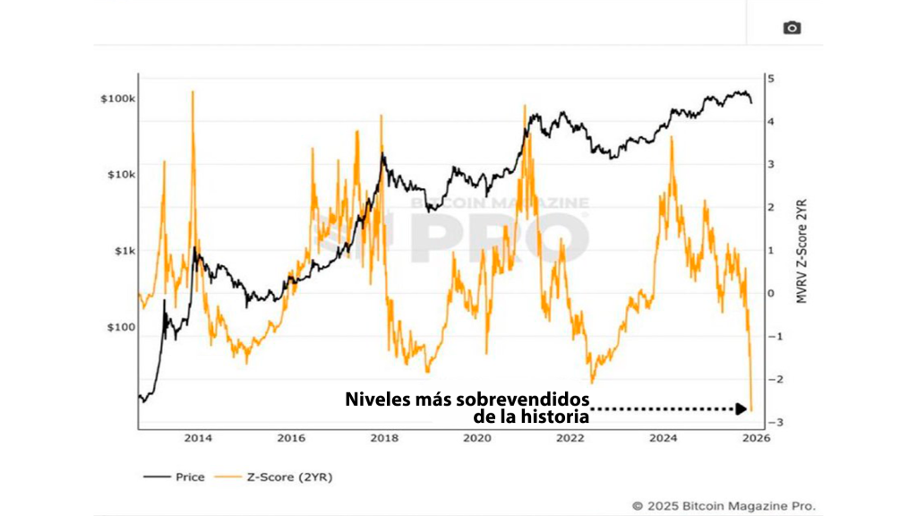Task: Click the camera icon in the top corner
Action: pos(792,28)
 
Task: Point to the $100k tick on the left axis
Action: pos(117,99)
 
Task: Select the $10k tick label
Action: pos(120,175)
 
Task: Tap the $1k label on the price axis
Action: pos(124,252)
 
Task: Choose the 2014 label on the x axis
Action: pos(198,438)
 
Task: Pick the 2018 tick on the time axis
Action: pos(384,438)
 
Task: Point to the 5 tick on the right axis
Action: pos(770,79)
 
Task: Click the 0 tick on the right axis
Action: pos(770,293)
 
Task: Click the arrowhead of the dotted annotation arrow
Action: pos(741,409)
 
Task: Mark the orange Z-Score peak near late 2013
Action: pos(192,92)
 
